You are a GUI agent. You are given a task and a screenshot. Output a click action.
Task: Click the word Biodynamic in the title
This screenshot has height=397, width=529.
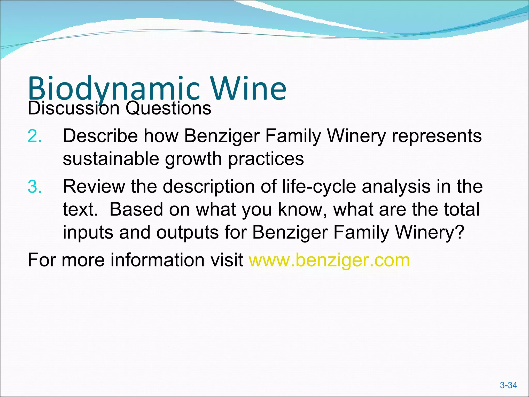point(114,88)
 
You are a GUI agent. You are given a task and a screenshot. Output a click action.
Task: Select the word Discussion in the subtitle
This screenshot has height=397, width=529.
point(73,108)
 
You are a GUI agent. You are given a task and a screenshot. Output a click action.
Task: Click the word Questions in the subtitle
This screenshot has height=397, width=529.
point(168,108)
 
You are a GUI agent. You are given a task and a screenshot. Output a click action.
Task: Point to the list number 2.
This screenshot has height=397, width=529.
point(34,136)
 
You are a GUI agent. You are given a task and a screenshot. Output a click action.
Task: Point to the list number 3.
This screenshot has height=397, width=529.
point(34,187)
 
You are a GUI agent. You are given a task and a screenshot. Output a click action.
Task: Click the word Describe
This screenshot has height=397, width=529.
point(100,136)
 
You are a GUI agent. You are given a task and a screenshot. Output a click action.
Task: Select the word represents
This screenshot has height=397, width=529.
point(437,136)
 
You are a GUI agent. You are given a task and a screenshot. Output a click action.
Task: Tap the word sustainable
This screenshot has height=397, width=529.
point(111,159)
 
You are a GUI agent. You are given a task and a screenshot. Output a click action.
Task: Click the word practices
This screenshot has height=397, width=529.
point(266,159)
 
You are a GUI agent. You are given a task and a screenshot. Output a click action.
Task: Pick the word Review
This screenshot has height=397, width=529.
point(94,186)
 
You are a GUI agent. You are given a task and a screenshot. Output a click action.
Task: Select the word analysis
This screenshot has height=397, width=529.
point(396,187)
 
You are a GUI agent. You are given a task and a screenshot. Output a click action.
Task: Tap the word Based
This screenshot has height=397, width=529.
point(136,209)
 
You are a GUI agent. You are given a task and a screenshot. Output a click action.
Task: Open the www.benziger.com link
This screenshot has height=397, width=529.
point(329,260)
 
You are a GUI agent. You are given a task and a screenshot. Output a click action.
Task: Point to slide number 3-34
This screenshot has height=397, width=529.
point(508,385)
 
